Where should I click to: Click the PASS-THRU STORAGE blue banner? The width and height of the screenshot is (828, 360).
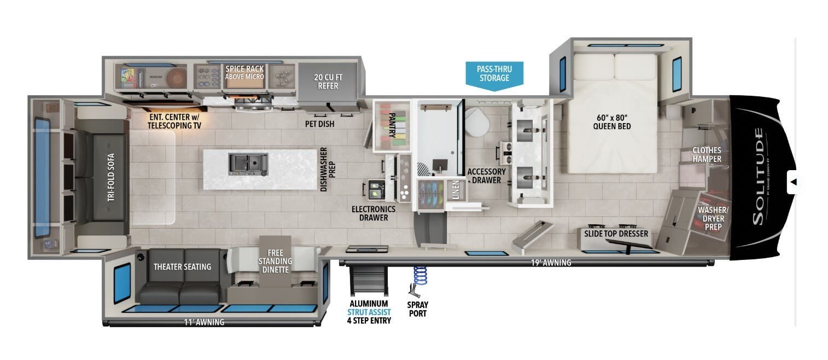point(494,73)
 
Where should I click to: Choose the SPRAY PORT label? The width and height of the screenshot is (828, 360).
point(417,309)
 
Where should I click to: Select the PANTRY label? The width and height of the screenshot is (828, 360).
point(392,126)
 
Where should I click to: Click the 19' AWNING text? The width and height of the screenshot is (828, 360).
point(551,263)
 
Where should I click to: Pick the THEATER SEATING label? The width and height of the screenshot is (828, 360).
point(182,267)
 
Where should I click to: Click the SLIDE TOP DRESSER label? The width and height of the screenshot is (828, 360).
point(616,234)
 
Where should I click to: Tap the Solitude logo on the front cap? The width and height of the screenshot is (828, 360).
point(758,176)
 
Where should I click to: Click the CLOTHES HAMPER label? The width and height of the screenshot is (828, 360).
point(707,155)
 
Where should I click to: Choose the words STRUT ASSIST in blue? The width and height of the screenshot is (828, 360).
point(369,312)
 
